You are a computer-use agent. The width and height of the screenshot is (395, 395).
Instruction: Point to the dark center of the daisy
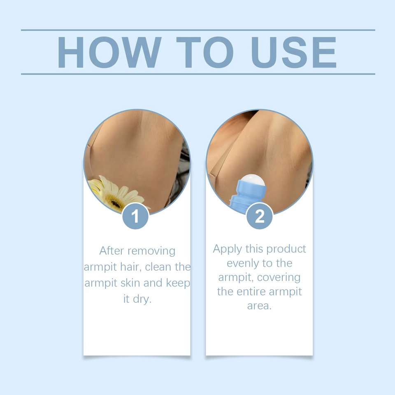tap(116, 202)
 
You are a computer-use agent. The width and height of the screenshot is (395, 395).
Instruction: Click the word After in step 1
tap(112, 251)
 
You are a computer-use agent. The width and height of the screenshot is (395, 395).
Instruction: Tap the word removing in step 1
tap(152, 251)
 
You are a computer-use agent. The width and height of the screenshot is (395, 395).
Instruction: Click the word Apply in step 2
tap(227, 249)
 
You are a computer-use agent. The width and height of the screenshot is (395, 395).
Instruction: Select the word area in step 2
tap(259, 306)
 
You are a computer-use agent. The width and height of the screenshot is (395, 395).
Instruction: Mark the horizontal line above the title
tap(198, 30)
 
